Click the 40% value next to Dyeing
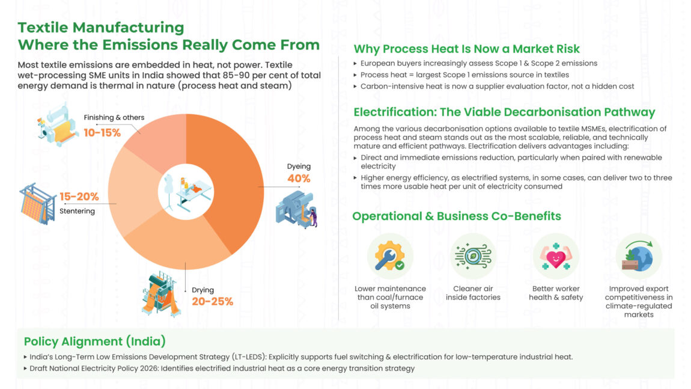tap(299, 179)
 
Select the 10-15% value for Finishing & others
tap(102, 132)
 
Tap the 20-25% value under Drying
tap(212, 301)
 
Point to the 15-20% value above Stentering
tap(79, 196)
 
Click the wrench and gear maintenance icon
tap(390, 256)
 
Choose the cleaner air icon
tap(473, 256)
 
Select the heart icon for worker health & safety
tap(556, 256)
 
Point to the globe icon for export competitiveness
tap(638, 256)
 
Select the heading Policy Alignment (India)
tap(94, 342)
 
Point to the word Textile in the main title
tap(44, 28)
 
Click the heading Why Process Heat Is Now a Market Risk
tap(466, 49)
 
